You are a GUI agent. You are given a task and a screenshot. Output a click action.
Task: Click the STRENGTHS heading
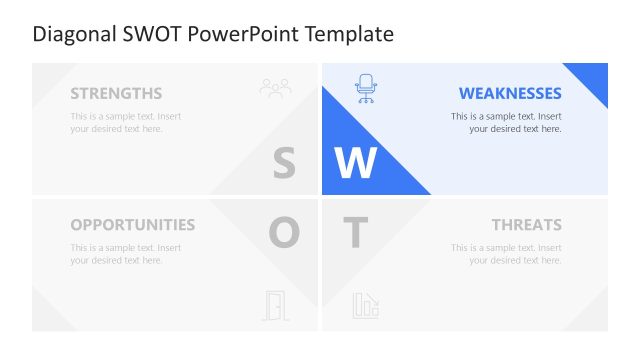(116, 94)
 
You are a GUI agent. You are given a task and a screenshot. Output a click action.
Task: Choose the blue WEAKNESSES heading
(510, 94)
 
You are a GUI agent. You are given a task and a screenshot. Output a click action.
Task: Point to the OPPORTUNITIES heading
(133, 225)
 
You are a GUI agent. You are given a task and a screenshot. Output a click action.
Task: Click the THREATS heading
(526, 225)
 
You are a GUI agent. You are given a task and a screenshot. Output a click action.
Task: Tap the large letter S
(284, 163)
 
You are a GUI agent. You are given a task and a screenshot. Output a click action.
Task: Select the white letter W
(355, 163)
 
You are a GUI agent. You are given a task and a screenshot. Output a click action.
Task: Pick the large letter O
(284, 233)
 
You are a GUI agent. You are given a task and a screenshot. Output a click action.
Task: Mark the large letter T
(355, 233)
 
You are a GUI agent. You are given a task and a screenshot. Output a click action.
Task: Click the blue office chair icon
(366, 89)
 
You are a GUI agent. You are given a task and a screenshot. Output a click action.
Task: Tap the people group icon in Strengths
(275, 89)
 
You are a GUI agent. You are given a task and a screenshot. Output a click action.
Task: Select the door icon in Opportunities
(274, 305)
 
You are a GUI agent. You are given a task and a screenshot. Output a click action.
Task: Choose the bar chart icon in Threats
(365, 305)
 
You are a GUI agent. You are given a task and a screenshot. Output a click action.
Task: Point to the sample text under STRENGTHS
(126, 122)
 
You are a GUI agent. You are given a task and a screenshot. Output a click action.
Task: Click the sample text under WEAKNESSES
(506, 122)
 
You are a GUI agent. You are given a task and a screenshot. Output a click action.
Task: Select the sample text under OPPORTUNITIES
(126, 254)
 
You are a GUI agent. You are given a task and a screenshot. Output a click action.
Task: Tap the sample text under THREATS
(506, 254)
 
